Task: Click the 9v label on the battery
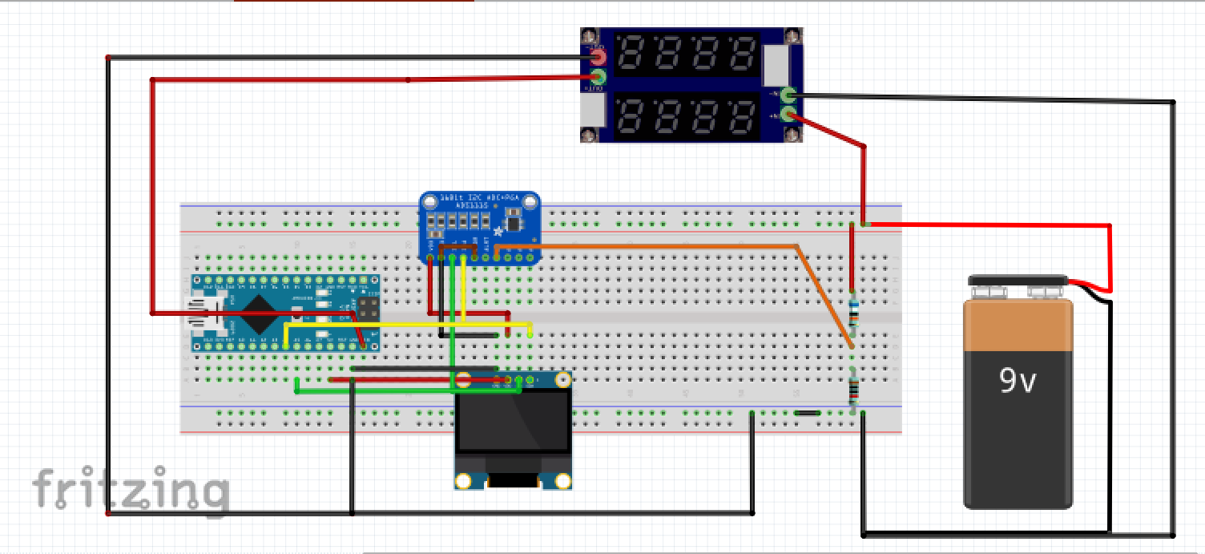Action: pyautogui.click(x=1017, y=381)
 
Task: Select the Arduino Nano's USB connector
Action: pyautogui.click(x=198, y=313)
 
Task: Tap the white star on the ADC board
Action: pyautogui.click(x=498, y=232)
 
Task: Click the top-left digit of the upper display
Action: pyautogui.click(x=631, y=55)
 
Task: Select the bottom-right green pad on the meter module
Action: pyautogui.click(x=789, y=114)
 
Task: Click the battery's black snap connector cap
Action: pyautogui.click(x=1018, y=281)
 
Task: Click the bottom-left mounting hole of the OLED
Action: pyautogui.click(x=463, y=481)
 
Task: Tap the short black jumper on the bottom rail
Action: pyautogui.click(x=807, y=413)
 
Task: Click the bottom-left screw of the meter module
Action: pyautogui.click(x=591, y=135)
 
